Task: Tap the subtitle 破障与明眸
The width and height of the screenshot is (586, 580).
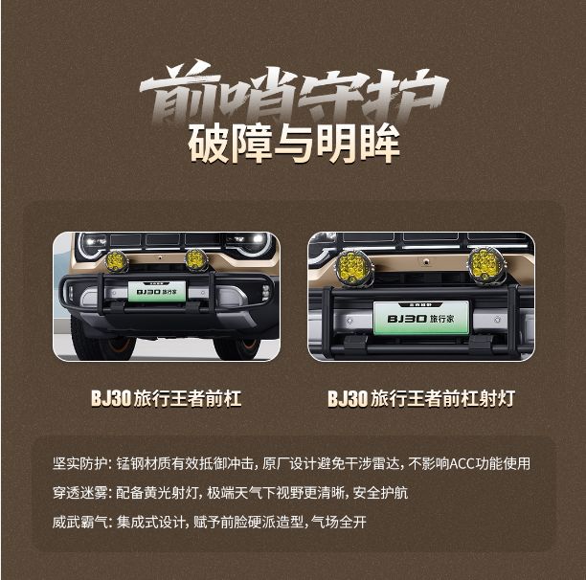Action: [x=294, y=145]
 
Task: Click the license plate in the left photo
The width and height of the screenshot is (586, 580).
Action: [x=157, y=291]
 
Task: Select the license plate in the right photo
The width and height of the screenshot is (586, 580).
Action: [x=421, y=318]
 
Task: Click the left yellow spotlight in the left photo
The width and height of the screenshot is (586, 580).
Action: [x=117, y=261]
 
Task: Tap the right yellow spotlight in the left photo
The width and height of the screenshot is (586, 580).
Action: [x=196, y=259]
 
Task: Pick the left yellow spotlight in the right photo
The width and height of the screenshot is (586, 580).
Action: [x=353, y=267]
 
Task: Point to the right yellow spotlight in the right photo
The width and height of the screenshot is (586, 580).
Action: [x=487, y=264]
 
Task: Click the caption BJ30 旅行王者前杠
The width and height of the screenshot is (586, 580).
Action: [x=167, y=398]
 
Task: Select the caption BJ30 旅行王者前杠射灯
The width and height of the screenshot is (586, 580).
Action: [x=421, y=398]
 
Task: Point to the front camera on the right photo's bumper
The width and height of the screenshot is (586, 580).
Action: [x=425, y=262]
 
